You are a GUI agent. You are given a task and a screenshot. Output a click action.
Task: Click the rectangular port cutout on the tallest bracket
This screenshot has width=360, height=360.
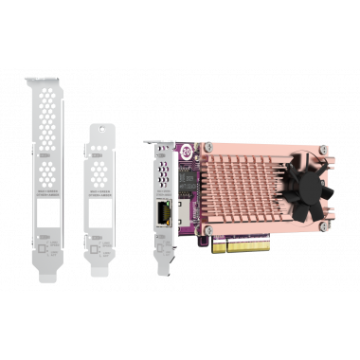(48, 225)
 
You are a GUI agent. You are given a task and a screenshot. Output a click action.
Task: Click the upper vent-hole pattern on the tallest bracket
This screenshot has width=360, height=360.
(47, 133)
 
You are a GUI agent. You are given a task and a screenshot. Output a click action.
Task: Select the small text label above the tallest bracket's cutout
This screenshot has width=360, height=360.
(48, 198)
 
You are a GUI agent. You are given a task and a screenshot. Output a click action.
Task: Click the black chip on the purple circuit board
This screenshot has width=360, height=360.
(186, 176)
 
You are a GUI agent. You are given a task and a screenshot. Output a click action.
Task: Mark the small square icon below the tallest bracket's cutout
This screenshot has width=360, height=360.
(48, 249)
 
